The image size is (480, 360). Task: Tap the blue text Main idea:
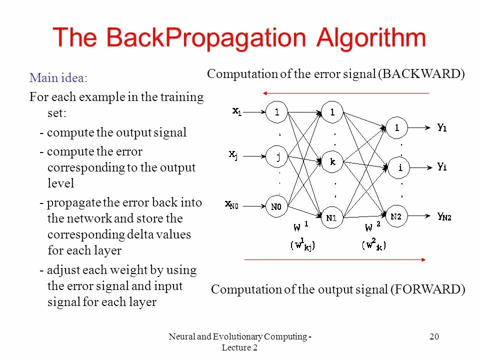coord(58,78)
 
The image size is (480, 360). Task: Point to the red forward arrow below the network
coord(335,259)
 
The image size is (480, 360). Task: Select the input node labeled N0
coord(276,206)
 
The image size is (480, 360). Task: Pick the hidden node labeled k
coord(332,162)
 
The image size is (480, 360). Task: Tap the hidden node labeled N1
coord(331,217)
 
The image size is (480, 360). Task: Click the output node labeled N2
coord(396,216)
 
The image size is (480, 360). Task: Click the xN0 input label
coord(234,204)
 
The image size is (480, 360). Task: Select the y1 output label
coord(442,128)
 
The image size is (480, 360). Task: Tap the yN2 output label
coord(444,216)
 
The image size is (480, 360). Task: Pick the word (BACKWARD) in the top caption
coord(421,74)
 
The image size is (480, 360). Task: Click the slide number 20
coord(434,337)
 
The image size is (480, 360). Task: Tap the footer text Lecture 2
coord(239,348)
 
